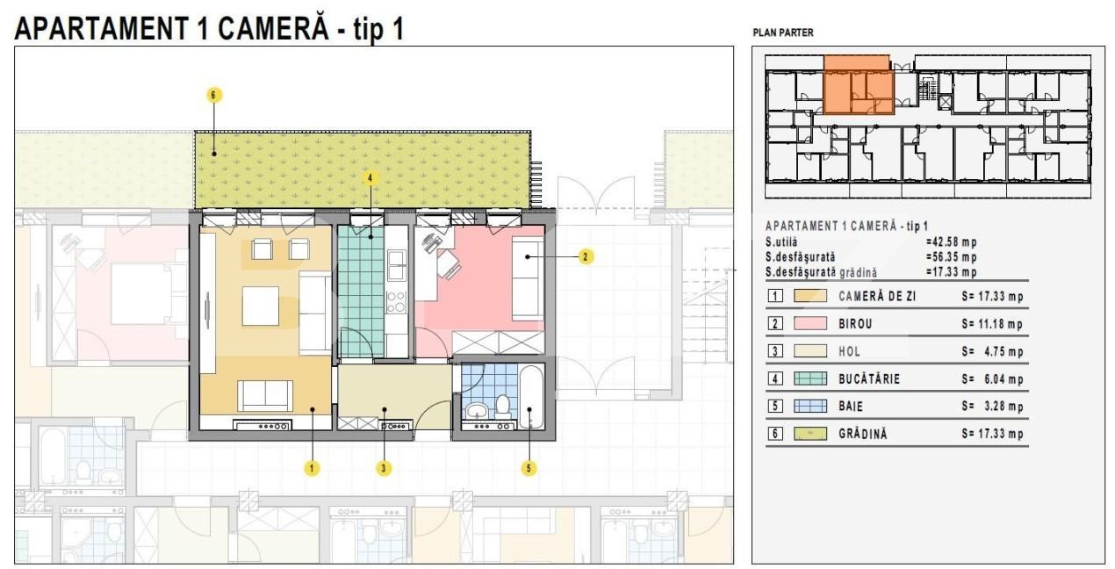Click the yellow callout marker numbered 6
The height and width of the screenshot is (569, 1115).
pos(214,95)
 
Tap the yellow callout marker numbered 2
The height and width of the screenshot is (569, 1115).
pos(586,257)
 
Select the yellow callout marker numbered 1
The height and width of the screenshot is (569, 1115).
pos(312,468)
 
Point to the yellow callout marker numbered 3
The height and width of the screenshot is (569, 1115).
pos(384,468)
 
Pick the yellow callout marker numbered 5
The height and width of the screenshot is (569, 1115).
pos(529,468)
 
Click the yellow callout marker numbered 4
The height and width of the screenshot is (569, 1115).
pos(370,177)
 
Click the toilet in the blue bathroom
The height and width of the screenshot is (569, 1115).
pos(503,407)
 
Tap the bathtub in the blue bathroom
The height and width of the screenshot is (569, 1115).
pos(531,397)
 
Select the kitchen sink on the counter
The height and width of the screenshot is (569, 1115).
pos(397,265)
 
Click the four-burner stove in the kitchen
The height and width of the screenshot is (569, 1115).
pos(397,302)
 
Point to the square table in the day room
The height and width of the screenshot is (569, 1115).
pos(261,306)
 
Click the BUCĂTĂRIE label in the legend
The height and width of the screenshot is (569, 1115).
pos(869,379)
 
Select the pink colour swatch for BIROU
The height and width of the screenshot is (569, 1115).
pos(809,324)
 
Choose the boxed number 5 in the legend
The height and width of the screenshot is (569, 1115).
pos(775,407)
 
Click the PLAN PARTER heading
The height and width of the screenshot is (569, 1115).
pos(783,32)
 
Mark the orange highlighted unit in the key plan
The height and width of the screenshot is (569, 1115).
pos(857,85)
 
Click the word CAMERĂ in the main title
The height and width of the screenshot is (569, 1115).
pos(273,29)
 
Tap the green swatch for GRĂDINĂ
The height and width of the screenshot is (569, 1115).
pos(809,434)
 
